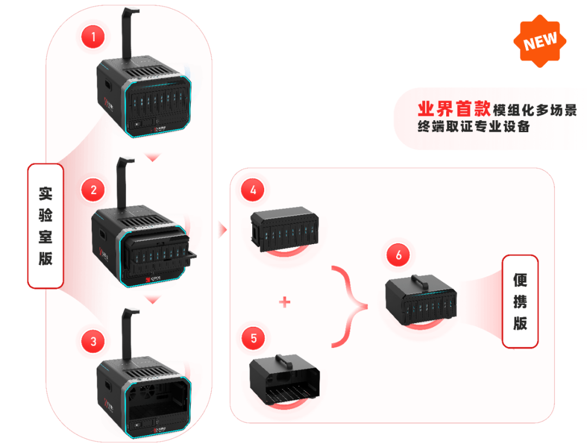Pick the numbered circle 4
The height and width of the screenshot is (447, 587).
click(x=253, y=190)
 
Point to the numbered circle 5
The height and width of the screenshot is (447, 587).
click(x=254, y=338)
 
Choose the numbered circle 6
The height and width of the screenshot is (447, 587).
click(x=399, y=256)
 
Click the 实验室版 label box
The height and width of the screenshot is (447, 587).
click(x=46, y=226)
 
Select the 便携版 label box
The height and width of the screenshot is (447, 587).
click(x=520, y=301)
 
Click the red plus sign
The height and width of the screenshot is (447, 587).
click(x=284, y=302)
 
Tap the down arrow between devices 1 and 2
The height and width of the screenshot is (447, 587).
click(x=153, y=157)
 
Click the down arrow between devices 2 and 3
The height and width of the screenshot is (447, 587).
click(x=153, y=300)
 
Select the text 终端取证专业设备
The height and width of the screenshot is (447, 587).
click(x=473, y=127)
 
